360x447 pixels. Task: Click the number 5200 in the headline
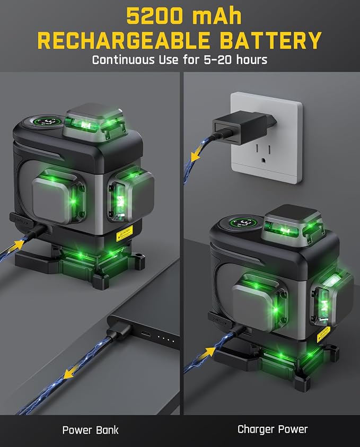(154, 16)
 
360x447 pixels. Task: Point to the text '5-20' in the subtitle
(218, 60)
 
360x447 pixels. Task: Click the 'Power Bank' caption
(90, 430)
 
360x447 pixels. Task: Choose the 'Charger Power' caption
(273, 430)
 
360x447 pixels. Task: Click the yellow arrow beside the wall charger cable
(196, 156)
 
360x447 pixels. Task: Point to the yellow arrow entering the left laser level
(17, 245)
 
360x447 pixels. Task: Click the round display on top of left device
(46, 122)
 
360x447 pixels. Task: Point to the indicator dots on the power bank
(166, 339)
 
